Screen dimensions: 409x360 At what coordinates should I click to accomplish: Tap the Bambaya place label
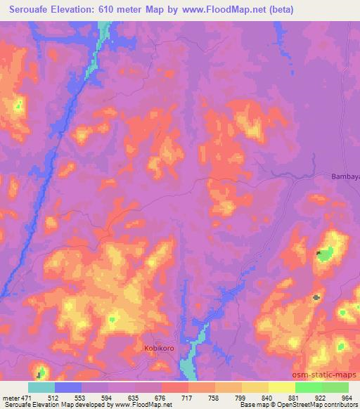click(345, 176)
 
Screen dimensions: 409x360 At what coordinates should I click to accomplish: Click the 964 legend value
click(347, 398)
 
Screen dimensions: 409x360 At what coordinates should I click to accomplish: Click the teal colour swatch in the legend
click(41, 387)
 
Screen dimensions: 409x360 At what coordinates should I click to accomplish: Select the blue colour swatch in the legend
click(68, 387)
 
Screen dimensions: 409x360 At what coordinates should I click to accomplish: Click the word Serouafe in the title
click(30, 10)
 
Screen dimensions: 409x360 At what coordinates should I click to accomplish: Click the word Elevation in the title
click(82, 10)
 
